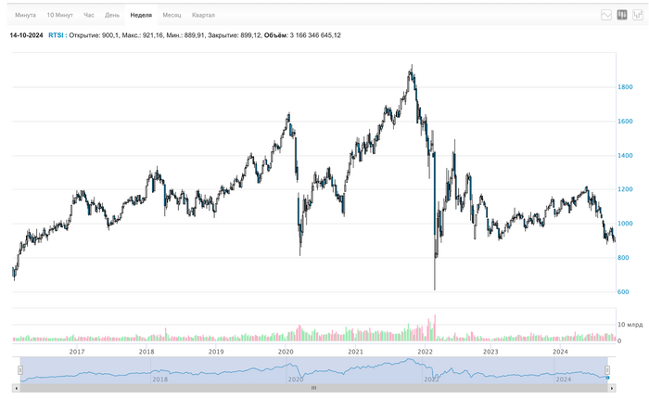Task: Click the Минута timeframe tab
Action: pos(25,16)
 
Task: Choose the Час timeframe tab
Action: pos(89,16)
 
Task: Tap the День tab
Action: pos(111,16)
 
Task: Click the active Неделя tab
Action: pos(141,16)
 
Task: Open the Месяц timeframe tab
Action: pos(172,16)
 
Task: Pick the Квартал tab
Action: pos(204,16)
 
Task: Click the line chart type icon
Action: pos(606,15)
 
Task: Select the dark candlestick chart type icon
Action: pos(622,15)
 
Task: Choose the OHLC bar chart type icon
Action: pos(638,15)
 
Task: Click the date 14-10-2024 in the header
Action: pos(26,35)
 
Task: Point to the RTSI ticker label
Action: pos(56,35)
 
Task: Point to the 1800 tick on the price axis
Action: pos(628,87)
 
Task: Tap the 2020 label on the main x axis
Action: pos(286,353)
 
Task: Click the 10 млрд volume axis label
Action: pos(630,325)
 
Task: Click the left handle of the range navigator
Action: pos(20,369)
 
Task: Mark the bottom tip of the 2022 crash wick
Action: pos(435,290)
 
